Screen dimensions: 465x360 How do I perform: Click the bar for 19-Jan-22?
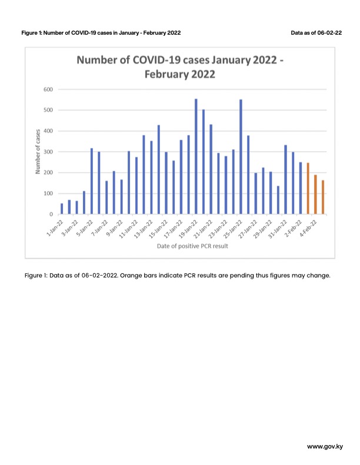pos(196,156)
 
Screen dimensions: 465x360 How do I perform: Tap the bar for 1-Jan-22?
pos(62,209)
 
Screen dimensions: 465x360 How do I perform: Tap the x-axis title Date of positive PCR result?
pos(192,246)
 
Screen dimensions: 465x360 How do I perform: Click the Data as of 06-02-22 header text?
pos(316,33)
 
